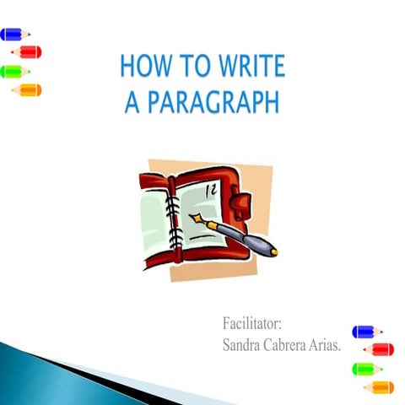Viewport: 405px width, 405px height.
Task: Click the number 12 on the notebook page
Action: click(210, 191)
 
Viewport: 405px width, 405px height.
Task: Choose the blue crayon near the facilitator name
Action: click(367, 332)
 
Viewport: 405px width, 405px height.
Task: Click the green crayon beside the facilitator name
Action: click(367, 369)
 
